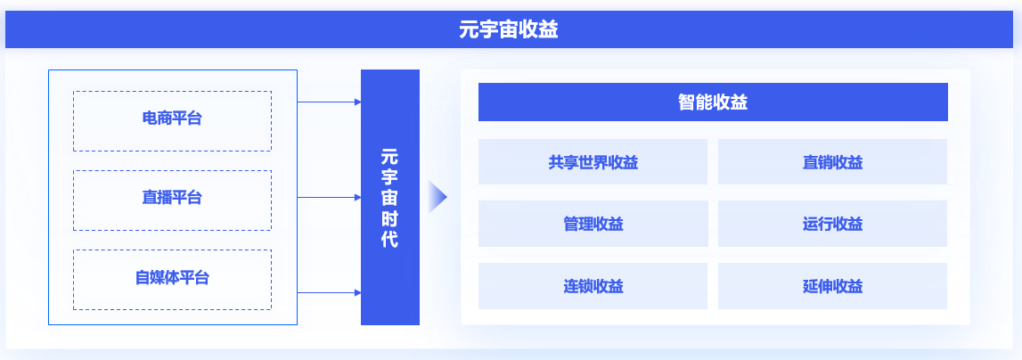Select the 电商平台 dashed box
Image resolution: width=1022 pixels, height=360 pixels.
click(x=172, y=120)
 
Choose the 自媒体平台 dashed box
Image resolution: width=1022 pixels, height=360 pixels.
click(x=172, y=279)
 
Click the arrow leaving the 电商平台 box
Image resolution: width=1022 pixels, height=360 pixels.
click(x=329, y=102)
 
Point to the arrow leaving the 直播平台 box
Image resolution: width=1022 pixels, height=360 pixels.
click(x=329, y=197)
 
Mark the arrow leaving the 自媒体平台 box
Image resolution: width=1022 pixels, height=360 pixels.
click(x=329, y=292)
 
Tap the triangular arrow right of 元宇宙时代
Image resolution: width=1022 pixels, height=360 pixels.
click(x=437, y=197)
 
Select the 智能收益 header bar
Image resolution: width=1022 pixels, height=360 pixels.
click(x=713, y=102)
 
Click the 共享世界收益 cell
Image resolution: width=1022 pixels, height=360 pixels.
click(x=593, y=162)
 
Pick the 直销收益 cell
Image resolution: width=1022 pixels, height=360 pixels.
click(x=832, y=162)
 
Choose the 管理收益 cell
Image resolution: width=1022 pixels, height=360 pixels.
click(x=593, y=224)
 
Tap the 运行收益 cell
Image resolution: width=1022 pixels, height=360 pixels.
click(x=832, y=224)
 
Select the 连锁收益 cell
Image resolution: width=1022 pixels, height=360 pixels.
click(x=593, y=286)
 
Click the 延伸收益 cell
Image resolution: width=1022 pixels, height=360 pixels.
click(x=832, y=286)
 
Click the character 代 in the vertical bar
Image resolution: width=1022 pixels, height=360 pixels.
click(x=389, y=240)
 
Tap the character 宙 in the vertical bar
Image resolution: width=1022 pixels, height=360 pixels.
click(x=389, y=198)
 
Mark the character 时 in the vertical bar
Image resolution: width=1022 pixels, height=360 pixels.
click(x=389, y=219)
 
